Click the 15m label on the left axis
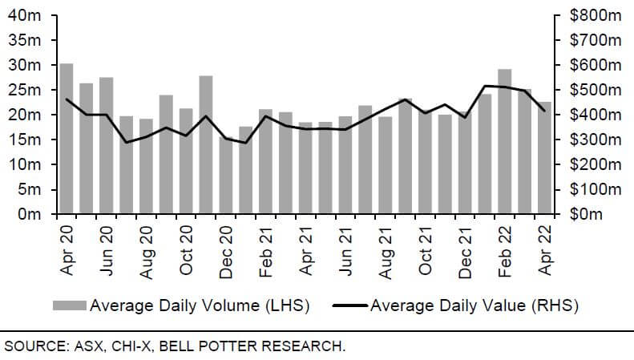point(27,140)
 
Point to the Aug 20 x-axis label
point(147,253)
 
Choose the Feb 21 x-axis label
point(266,253)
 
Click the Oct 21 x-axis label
point(425,253)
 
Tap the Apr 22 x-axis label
point(544,253)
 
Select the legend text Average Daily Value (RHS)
point(474,305)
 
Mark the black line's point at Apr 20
point(67,99)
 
